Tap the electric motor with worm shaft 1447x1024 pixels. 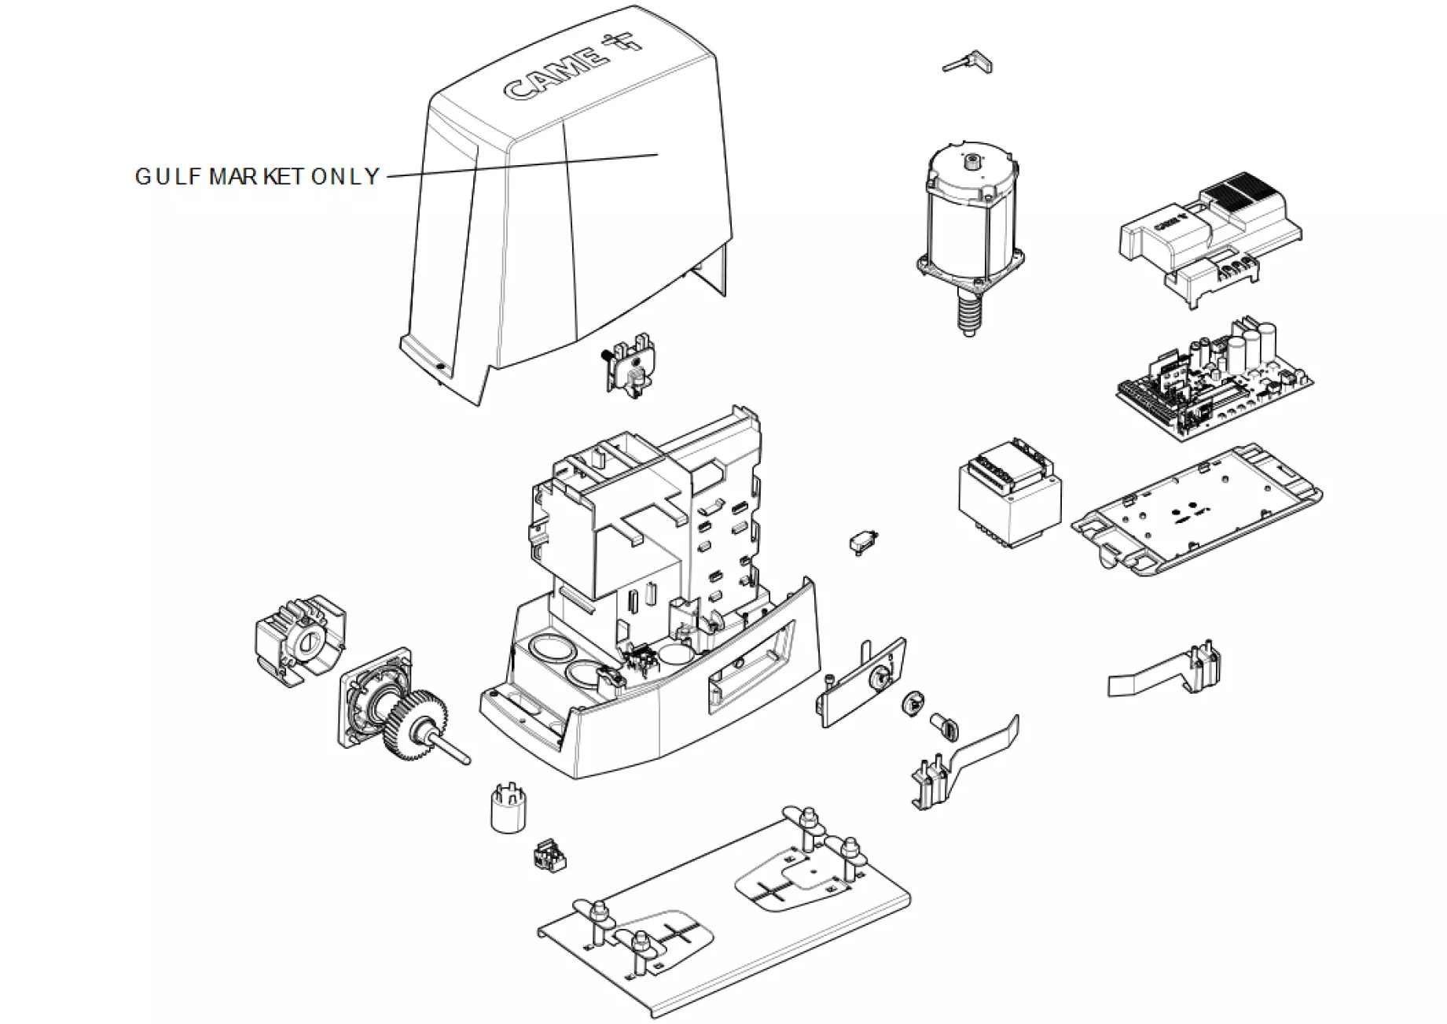click(970, 220)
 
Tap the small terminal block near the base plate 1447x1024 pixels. click(549, 856)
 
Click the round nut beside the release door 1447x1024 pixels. click(913, 703)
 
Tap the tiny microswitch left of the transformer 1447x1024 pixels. click(863, 542)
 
